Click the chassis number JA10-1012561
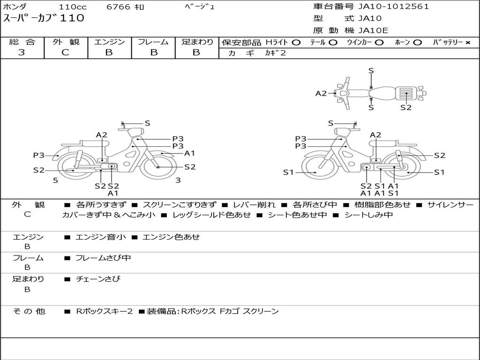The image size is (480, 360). point(394,7)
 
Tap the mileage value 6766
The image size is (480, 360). point(119,7)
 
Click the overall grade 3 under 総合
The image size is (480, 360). point(22,52)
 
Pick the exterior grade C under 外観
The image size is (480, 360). point(66,52)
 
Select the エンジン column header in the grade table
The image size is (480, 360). point(109,42)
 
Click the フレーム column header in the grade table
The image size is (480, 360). point(153,42)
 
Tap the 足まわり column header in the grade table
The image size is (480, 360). point(197,42)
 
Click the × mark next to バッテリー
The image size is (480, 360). point(467,43)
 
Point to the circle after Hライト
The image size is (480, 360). point(296,43)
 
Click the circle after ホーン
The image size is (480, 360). point(417,43)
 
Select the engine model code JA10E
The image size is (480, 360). point(373,31)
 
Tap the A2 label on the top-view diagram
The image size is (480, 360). point(321,93)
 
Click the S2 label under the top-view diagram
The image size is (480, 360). point(405,107)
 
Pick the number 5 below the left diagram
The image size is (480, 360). point(55,180)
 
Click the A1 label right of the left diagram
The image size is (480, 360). point(189,153)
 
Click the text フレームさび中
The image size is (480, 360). point(103,258)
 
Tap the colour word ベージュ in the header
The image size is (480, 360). point(199,7)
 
